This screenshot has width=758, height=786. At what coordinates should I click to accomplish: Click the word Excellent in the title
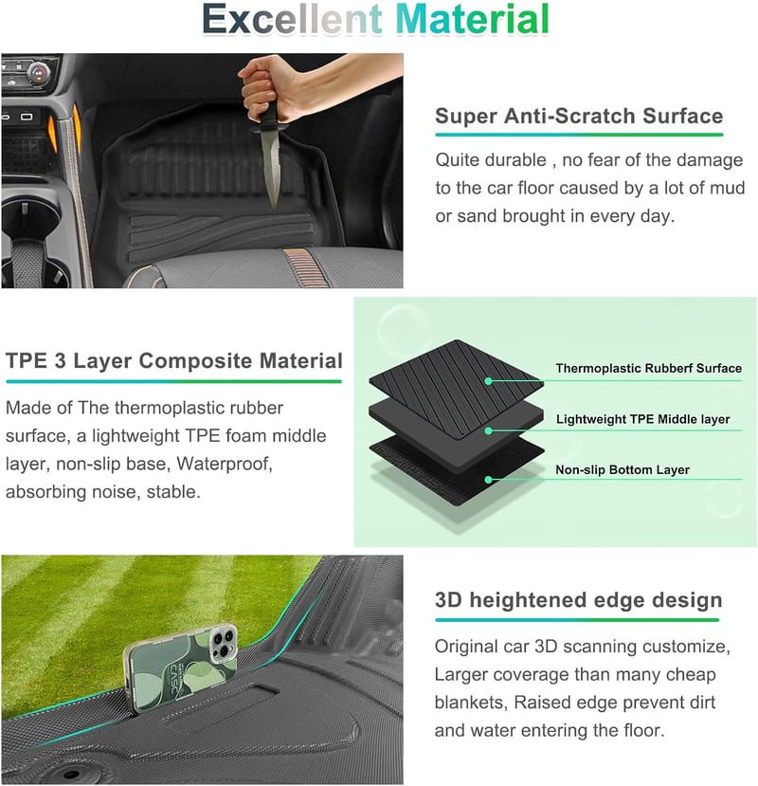pos(293,20)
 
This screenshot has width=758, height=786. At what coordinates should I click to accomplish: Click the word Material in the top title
pos(473,20)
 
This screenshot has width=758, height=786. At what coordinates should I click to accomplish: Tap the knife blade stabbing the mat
pos(271,167)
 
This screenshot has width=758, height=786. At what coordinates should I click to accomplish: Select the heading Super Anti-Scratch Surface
pos(579,116)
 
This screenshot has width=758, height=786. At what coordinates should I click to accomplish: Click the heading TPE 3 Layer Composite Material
pos(173,360)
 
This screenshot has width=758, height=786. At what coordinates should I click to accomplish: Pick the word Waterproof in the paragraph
pos(225,464)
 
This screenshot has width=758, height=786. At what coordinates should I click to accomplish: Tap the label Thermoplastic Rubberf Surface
pos(648,369)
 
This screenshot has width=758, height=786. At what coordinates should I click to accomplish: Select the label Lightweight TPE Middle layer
pos(642,419)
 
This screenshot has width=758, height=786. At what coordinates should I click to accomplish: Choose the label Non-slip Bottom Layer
pos(623,469)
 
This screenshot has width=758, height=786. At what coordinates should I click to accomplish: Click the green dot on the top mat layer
pos(489,381)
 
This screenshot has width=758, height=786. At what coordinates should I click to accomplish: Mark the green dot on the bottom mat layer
pos(489,480)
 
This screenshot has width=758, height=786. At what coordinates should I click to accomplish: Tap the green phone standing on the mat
pos(181,663)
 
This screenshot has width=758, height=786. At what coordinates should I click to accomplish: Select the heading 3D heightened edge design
pos(578,600)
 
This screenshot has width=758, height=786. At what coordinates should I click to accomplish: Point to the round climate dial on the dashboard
pos(38,73)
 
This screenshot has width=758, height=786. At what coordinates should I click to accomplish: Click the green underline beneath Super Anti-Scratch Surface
pos(579,135)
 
